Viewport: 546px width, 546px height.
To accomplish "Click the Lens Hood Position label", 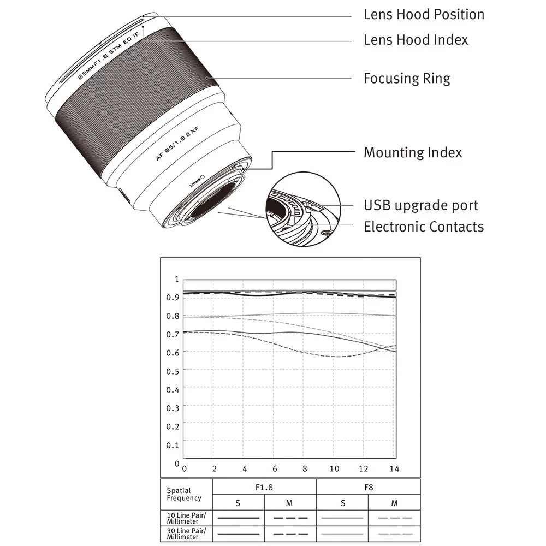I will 424,14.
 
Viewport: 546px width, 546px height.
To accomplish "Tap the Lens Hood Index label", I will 416,40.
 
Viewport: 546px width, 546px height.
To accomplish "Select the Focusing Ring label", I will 407,79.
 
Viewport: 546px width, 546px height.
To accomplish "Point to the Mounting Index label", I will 413,152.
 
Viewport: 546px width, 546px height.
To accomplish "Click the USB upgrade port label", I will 420,205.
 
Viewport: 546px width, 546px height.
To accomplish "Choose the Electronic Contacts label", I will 424,227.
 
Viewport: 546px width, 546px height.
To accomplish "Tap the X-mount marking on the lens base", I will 194,180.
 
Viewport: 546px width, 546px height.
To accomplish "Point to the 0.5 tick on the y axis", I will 173,371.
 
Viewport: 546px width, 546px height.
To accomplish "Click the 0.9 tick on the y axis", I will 173,297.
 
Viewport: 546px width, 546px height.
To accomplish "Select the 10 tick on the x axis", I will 334,468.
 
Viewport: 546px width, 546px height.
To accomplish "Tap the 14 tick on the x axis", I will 395,468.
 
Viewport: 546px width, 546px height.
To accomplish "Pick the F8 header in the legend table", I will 368,486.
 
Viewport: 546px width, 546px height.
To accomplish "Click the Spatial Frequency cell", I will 184,494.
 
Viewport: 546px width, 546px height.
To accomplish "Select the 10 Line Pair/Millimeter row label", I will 183,518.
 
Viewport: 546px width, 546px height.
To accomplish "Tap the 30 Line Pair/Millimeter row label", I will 183,533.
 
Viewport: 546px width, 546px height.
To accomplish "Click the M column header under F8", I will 394,503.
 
